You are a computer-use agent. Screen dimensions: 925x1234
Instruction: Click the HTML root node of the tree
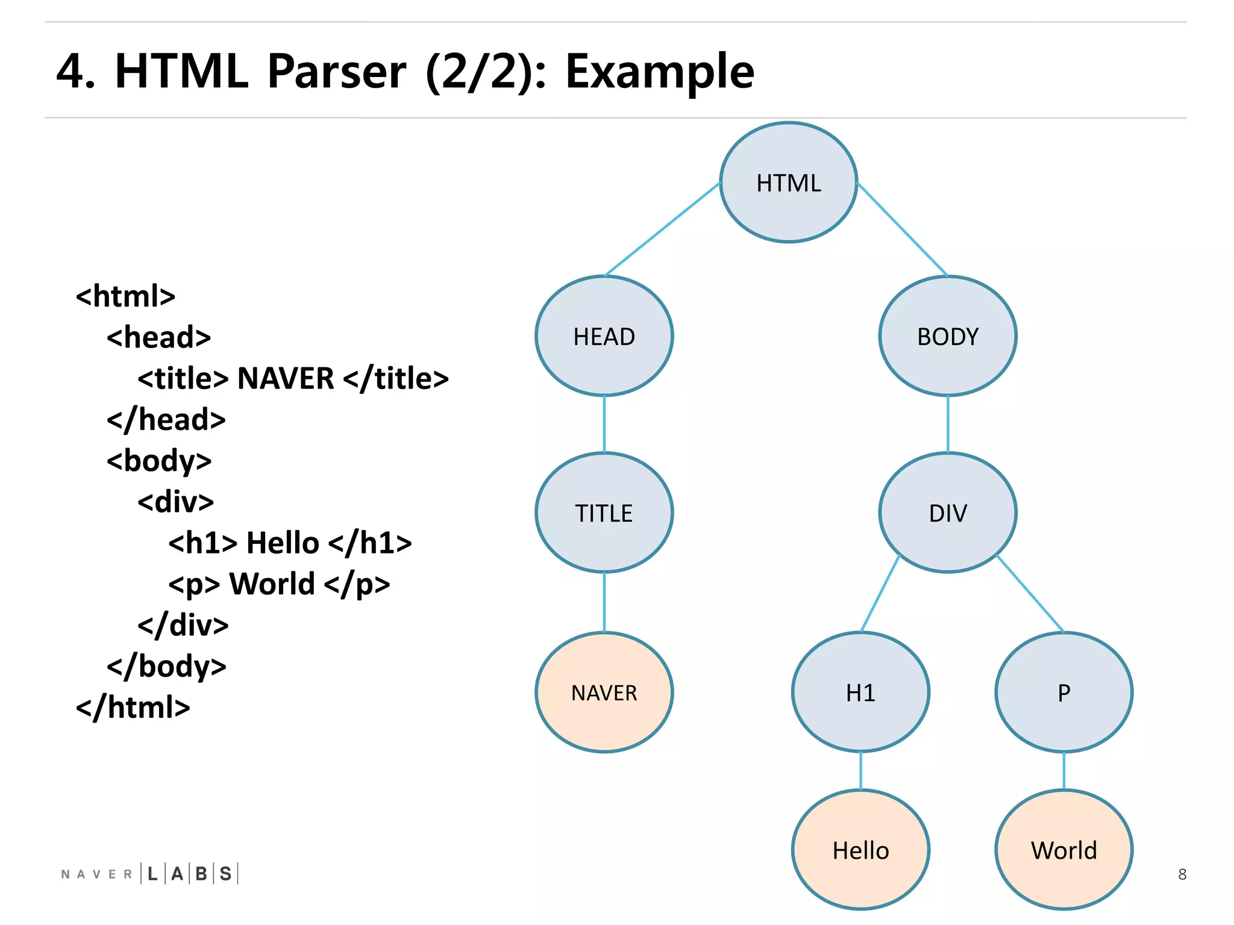coord(788,182)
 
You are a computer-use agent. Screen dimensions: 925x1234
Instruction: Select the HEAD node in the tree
coord(604,336)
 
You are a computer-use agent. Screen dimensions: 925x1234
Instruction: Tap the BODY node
coord(947,336)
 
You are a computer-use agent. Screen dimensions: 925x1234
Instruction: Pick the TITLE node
coord(604,513)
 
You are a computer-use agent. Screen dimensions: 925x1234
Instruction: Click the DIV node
coord(947,513)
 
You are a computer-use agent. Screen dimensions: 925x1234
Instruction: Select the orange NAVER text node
coord(604,693)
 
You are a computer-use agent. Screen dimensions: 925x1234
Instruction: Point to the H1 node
coord(860,693)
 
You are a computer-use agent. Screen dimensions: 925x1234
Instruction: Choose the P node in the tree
coord(1063,693)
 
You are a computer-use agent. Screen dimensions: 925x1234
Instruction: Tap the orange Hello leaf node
coord(860,850)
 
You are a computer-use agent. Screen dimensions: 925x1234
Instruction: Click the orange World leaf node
coord(1063,850)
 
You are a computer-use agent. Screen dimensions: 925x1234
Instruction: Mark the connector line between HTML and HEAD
coord(663,229)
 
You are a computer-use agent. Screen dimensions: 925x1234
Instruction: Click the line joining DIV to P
coord(1030,593)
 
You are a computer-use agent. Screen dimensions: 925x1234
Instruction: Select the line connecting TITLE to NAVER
coord(604,602)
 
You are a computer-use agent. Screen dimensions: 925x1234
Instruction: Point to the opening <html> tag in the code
coord(125,296)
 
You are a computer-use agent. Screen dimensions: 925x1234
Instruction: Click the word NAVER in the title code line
coord(286,379)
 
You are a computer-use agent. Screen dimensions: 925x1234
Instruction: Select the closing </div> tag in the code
coord(183,625)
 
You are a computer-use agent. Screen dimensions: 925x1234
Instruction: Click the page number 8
coord(1182,874)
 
